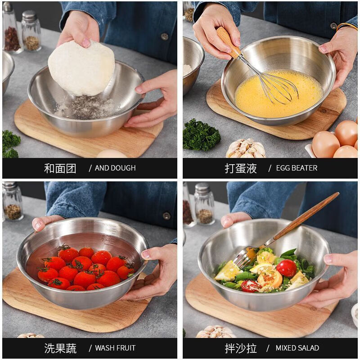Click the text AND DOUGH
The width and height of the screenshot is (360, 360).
click(115, 168)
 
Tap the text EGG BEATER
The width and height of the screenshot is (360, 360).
click(296, 168)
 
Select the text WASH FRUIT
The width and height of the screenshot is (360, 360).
click(115, 348)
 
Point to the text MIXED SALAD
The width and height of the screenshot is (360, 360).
click(297, 348)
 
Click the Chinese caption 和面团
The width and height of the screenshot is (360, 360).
click(60, 168)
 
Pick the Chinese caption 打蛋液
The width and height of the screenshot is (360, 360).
click(241, 168)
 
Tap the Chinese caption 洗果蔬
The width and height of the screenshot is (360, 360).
click(60, 348)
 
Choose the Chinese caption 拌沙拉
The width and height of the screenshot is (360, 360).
click(241, 348)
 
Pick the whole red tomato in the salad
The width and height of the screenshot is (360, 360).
click(286, 268)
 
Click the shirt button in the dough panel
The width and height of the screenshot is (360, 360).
click(165, 36)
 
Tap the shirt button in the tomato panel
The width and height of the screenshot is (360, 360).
click(166, 216)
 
